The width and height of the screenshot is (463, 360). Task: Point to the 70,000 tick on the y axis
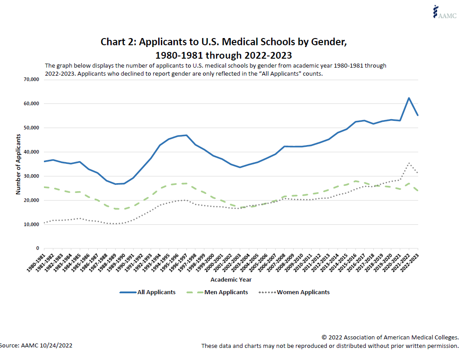pos(31,79)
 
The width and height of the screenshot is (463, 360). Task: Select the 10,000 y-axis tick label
pos(31,224)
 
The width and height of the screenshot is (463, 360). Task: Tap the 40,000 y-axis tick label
pos(31,152)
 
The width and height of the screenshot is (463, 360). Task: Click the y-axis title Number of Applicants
pos(18,163)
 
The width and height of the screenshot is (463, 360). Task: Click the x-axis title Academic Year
pos(231,279)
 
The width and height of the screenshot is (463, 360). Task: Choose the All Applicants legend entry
pos(148,292)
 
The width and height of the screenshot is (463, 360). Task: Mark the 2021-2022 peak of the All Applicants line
pos(409,98)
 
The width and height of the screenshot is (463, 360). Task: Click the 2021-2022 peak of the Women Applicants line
pos(409,163)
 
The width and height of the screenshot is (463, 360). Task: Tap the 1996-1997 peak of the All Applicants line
pos(186,135)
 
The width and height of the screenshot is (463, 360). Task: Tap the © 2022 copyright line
pos(390,337)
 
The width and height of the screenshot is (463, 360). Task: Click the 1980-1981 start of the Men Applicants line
pos(44,187)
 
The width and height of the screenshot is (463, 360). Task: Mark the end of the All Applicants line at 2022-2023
pos(418,115)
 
